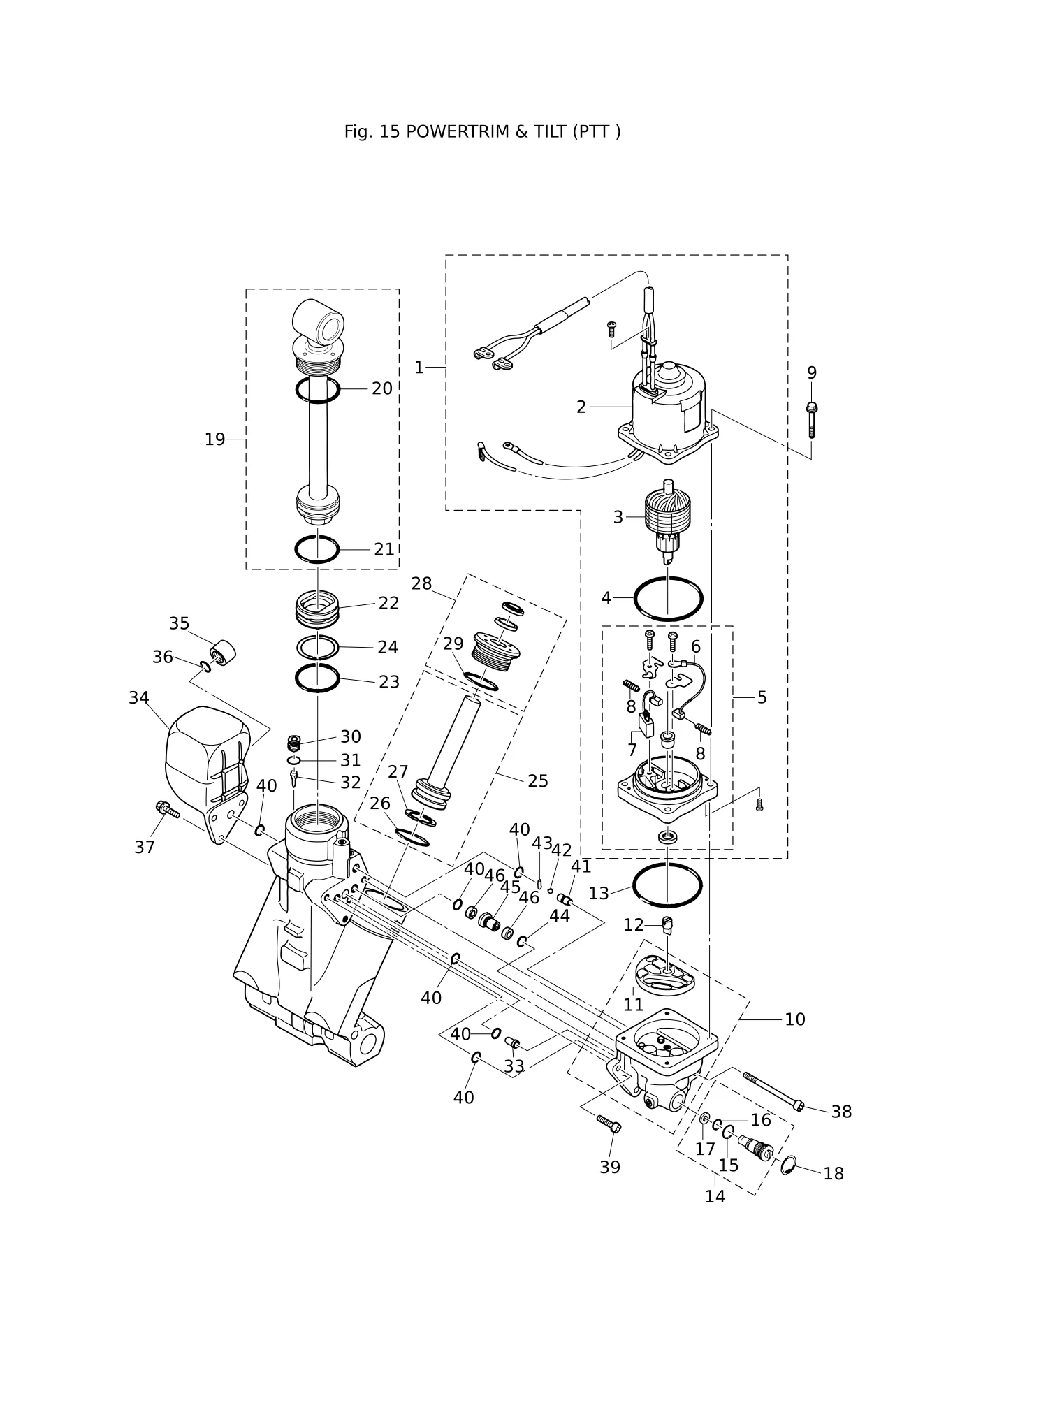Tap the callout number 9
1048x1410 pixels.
point(812,372)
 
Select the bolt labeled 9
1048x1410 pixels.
point(812,420)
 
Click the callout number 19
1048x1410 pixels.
point(214,439)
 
